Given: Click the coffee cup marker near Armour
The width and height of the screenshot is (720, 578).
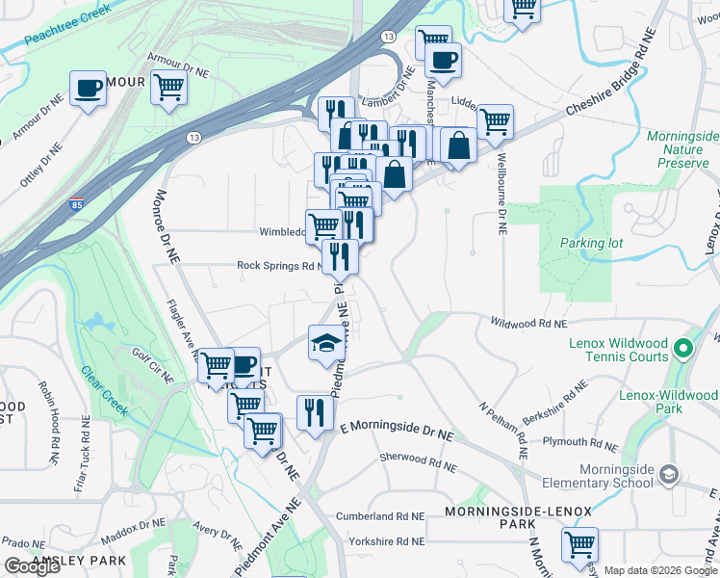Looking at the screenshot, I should coord(89,89).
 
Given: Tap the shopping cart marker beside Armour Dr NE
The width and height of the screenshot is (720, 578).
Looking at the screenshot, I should coord(168,87).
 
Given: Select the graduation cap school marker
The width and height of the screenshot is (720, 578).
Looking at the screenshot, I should coord(325,342).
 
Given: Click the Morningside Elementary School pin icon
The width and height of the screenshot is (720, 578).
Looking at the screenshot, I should coord(669,475).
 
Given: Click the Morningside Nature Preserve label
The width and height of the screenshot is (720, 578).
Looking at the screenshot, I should coord(683,149).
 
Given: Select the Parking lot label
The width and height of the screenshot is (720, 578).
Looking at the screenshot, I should coord(592,243).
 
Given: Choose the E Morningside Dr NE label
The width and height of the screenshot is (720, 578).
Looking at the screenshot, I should coord(397,431).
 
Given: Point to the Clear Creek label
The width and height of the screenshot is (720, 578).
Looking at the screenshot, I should coord(103,384).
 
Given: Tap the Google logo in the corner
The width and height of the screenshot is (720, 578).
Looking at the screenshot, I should coord(32,566).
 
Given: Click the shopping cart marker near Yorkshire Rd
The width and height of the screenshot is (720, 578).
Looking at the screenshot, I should coord(579,545).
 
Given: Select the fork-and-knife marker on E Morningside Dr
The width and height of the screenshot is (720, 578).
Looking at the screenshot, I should coord(315,413).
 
